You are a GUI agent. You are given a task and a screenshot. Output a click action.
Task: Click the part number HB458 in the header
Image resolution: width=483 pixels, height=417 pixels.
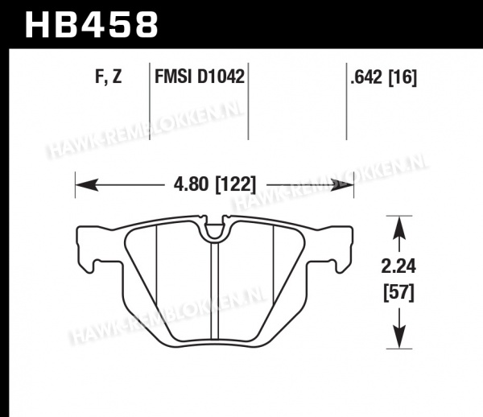[92, 25]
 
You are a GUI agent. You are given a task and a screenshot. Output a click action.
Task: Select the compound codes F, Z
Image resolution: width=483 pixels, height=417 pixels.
[109, 76]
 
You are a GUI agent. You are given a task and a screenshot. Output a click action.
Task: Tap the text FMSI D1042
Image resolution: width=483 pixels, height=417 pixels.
[200, 76]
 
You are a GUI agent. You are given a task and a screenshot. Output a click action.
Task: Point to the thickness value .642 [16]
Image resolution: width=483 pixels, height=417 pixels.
[383, 77]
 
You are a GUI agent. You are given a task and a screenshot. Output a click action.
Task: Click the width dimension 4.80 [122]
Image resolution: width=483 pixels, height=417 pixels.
[215, 185]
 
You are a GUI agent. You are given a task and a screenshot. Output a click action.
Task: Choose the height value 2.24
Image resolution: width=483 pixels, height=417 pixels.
[398, 266]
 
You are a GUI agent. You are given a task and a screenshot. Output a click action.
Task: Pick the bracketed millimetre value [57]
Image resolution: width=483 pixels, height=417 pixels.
[399, 293]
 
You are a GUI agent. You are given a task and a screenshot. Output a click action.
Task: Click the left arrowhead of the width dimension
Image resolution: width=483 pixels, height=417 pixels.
[87, 185]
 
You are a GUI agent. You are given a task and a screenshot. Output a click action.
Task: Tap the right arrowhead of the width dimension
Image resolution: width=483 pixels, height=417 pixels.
[343, 185]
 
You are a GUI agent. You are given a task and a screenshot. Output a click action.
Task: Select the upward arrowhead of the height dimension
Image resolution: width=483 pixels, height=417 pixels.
[399, 228]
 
